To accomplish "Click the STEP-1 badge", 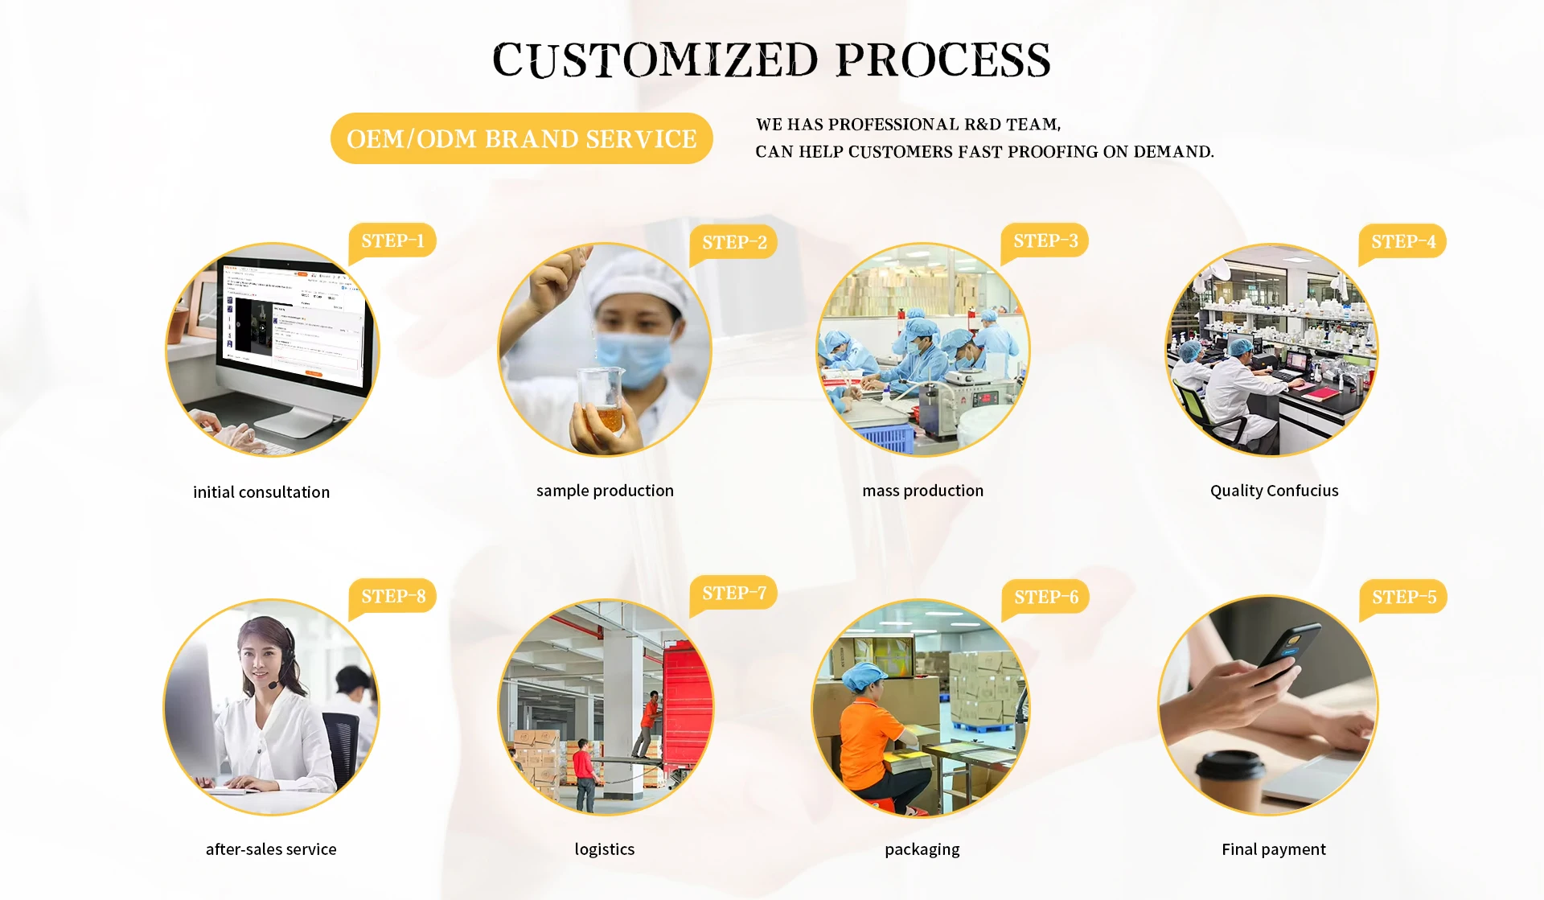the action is point(392,241).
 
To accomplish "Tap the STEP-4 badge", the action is point(1402,242).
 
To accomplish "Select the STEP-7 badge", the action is point(733,594).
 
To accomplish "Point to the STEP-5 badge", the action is point(1403,598).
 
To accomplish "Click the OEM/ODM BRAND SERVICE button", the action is point(522,138).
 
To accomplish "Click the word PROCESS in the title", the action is point(943,60).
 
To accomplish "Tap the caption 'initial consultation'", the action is point(261,492).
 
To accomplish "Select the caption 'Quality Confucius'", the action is point(1275,491).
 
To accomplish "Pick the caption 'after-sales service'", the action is point(271,849).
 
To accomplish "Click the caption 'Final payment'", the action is point(1274,849).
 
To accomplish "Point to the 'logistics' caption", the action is point(605,849).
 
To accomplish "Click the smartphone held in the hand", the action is point(1291,653).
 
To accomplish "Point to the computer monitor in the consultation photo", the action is point(294,326).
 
